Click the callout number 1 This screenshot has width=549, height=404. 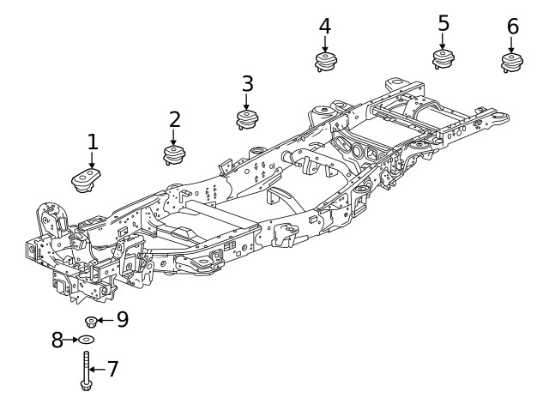pos(92,142)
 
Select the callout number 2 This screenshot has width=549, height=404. pos(175,119)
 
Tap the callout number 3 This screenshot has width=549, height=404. pos(247,84)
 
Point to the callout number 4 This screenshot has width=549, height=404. pos(324,27)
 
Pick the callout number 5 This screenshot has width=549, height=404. pos(443,23)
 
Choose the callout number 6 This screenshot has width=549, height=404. pos(512,27)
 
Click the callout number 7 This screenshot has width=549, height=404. pos(112,370)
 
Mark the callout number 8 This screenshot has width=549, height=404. pos(58,341)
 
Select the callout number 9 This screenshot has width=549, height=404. pos(123,320)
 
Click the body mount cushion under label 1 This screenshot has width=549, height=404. pos(87,181)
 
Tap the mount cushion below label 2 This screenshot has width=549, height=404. pos(175,155)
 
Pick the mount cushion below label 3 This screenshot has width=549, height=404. pos(247,119)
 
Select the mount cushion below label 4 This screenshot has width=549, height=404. pos(324,62)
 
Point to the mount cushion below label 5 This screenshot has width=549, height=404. pos(443,58)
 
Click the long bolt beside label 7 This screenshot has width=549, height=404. pos(86,371)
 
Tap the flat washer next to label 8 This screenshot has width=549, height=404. pos(89,341)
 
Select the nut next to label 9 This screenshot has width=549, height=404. pos(91,322)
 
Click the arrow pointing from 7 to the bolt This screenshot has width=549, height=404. pos(97,370)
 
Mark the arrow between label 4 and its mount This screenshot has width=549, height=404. pos(324,44)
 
